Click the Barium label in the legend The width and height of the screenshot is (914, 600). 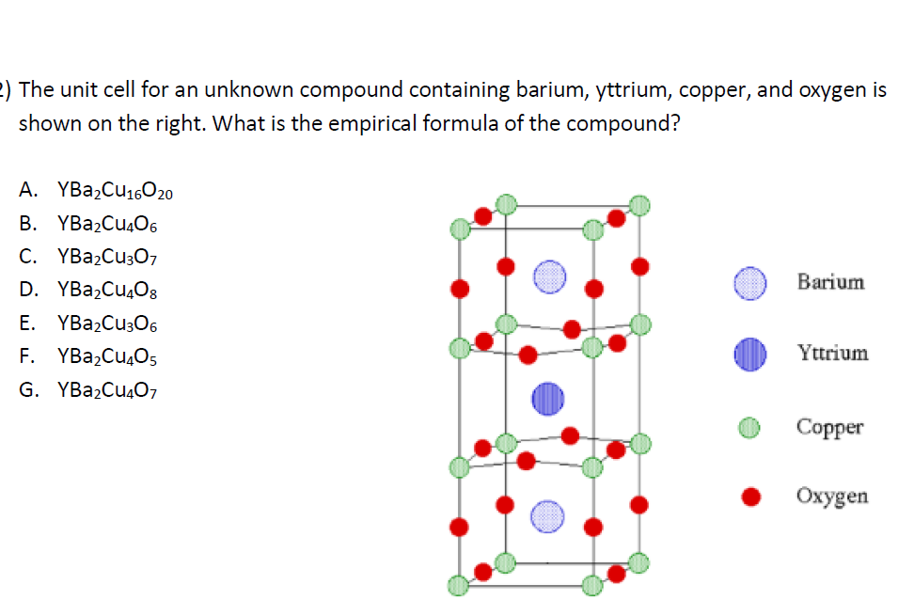coord(830,282)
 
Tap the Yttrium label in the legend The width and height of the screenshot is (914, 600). coord(833,354)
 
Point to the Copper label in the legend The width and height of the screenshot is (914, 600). coord(829,426)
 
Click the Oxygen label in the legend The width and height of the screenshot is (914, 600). coord(832,496)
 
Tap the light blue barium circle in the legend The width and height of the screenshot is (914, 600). coord(751,282)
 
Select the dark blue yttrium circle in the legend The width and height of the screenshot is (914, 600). coord(751,355)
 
